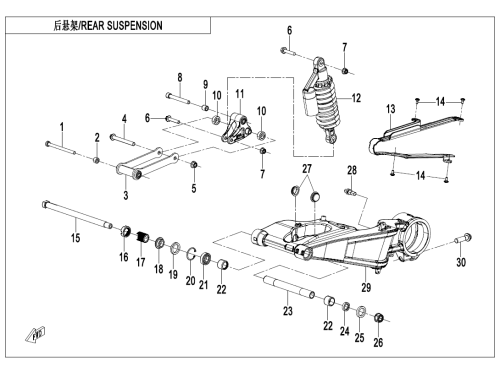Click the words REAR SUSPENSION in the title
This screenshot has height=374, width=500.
[122, 26]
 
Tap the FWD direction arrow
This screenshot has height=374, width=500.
[35, 335]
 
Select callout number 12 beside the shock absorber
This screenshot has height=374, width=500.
[356, 98]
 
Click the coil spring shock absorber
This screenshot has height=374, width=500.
[321, 101]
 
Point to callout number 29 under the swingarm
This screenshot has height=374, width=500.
[366, 287]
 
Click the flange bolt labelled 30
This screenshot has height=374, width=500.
[463, 239]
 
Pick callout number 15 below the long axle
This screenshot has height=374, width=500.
[76, 238]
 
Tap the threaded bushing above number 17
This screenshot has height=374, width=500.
[143, 237]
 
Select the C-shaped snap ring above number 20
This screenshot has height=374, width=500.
[191, 253]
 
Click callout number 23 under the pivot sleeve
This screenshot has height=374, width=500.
[288, 311]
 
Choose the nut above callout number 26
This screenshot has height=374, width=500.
[378, 317]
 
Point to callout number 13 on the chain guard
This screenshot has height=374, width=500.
[391, 109]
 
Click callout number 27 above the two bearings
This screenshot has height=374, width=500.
[307, 169]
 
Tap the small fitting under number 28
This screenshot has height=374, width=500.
[350, 192]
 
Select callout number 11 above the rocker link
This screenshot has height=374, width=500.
[240, 94]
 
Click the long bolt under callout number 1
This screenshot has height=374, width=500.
[60, 148]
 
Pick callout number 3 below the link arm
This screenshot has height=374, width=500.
[126, 195]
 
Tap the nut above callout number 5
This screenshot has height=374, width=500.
[194, 165]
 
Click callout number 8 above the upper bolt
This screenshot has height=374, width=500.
[180, 78]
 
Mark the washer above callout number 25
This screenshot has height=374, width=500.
[360, 312]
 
